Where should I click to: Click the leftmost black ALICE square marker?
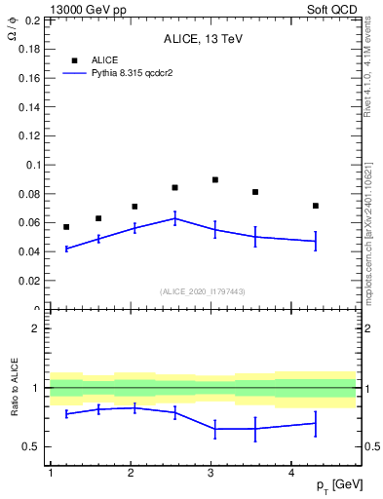click(66, 227)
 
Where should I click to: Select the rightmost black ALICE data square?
click(316, 206)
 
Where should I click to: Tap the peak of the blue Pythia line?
click(174, 218)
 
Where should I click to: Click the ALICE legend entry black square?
click(74, 60)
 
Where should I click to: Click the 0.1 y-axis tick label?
click(33, 166)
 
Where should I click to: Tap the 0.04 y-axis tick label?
click(30, 251)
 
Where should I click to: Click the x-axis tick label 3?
click(211, 473)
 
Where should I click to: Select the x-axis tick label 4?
click(291, 473)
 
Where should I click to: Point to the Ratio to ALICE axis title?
click(15, 387)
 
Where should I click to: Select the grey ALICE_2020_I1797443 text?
click(203, 291)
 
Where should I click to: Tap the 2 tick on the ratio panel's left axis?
click(38, 328)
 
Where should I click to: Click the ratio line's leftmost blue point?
click(66, 414)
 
